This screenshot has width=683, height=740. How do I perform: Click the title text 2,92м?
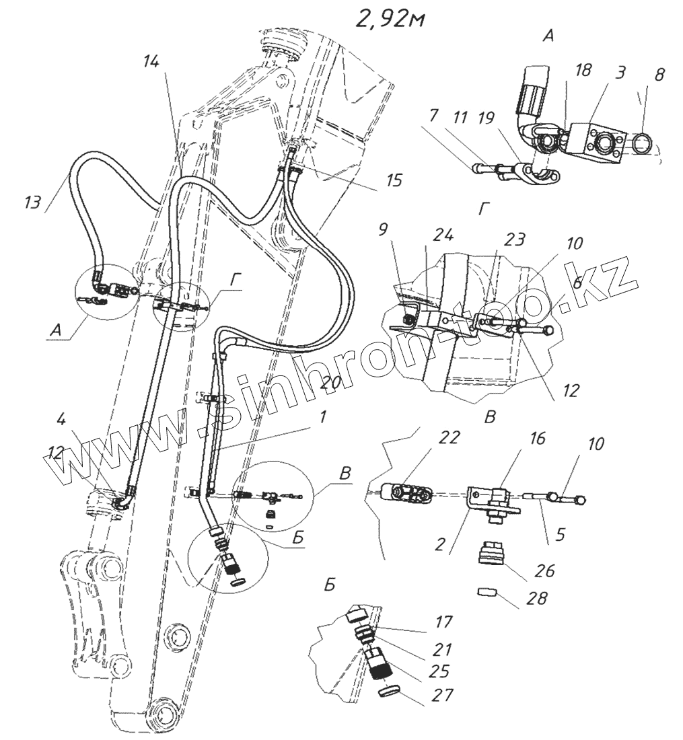(x=391, y=20)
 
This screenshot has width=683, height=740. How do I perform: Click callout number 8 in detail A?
(x=659, y=75)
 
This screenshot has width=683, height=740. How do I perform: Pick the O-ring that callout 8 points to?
(x=639, y=141)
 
